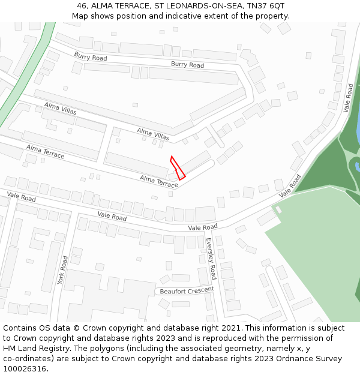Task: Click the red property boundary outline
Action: [x=178, y=168]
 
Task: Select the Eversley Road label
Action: [x=211, y=259]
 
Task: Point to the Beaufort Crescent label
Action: [x=187, y=290]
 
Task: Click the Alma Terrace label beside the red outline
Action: [x=159, y=181]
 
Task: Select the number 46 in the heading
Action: [x=82, y=5]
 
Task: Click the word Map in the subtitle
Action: [x=80, y=16]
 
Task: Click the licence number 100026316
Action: [x=25, y=369]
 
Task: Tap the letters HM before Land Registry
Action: [x=10, y=349]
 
